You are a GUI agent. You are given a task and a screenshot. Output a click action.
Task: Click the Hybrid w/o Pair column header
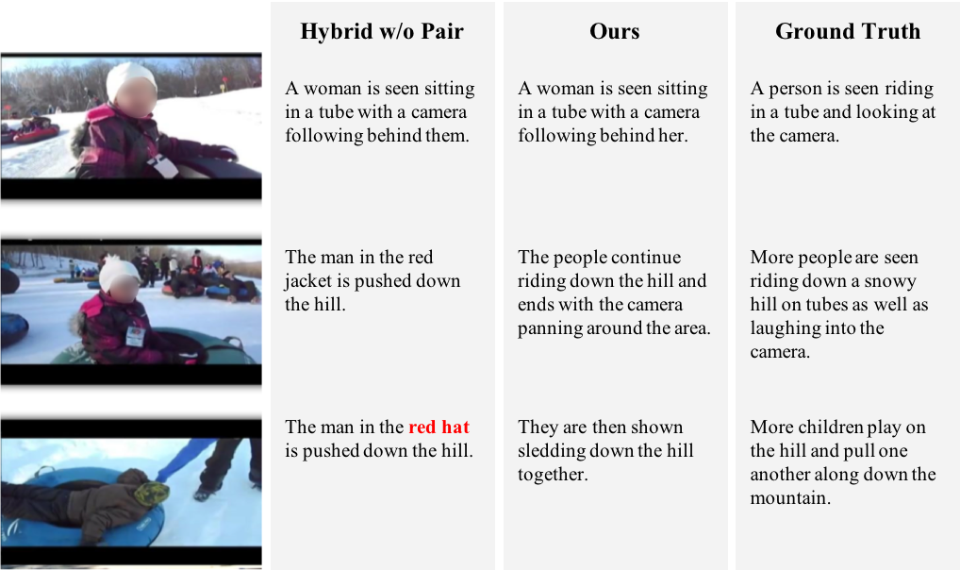[x=381, y=31]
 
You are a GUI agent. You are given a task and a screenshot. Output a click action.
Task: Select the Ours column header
[x=614, y=31]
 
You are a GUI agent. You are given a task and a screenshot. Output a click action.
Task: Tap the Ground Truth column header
[x=848, y=31]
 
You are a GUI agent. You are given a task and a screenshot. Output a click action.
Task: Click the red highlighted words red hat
[x=439, y=427]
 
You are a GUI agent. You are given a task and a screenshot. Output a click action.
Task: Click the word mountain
[x=790, y=497]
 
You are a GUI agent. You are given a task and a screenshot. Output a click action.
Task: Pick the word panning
[x=550, y=329]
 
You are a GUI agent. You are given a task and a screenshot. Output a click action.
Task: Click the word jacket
[x=308, y=281]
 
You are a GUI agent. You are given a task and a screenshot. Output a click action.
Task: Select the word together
[x=553, y=475]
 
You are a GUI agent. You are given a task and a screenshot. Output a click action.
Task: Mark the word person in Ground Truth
[x=796, y=90]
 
